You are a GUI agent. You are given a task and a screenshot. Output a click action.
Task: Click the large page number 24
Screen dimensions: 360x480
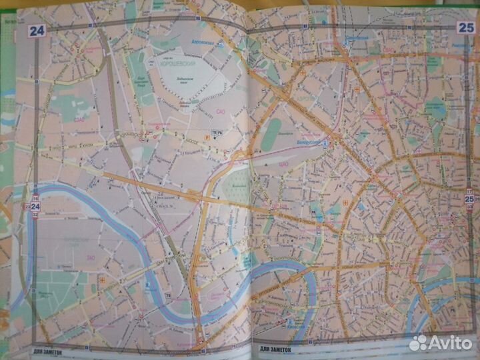(36, 30)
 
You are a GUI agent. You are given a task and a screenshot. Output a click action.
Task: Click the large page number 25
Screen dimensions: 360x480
(465, 27)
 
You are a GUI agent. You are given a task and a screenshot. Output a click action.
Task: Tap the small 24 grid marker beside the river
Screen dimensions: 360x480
(35, 207)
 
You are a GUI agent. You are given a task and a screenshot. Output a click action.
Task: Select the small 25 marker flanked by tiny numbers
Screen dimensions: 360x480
(469, 199)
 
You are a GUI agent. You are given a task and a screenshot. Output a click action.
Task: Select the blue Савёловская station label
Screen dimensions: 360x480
(353, 39)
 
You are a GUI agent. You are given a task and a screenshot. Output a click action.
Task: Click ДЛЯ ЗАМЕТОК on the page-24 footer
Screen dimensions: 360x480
(47, 351)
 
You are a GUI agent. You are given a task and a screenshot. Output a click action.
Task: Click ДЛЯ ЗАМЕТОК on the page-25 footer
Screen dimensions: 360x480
(273, 349)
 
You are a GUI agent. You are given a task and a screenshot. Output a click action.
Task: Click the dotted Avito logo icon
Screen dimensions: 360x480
(419, 343)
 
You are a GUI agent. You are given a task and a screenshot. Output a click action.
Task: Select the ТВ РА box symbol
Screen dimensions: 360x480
(216, 133)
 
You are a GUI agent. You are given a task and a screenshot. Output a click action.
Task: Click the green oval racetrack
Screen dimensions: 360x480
(271, 134)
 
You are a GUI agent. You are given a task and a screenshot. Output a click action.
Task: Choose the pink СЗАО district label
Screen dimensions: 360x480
(79, 121)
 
